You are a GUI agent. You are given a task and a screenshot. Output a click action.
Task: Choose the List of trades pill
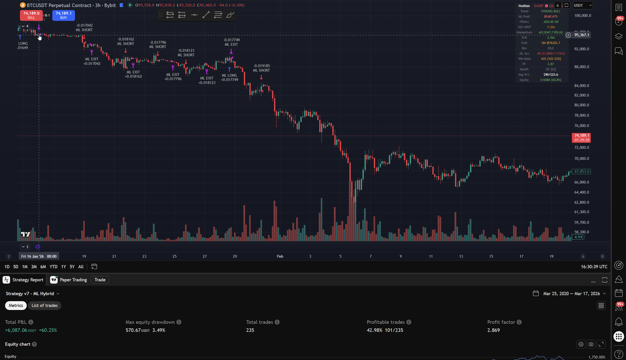45,306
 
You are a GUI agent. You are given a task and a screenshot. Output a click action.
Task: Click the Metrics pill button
16,306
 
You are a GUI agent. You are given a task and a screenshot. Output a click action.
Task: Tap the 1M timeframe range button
24,267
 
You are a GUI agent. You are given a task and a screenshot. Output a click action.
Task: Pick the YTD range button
54,267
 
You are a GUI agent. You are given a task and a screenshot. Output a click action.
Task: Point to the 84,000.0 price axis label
582,86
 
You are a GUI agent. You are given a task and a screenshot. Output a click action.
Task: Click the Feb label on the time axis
280,256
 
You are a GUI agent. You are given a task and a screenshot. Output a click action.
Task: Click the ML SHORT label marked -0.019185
261,68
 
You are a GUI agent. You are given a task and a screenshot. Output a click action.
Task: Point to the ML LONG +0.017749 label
229,77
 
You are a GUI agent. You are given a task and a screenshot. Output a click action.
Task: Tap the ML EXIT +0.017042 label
92,61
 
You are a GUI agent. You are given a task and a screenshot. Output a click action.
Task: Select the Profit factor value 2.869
494,330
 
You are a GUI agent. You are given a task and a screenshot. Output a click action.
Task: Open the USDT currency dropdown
582,5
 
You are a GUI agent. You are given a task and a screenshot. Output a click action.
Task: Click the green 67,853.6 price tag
582,172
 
